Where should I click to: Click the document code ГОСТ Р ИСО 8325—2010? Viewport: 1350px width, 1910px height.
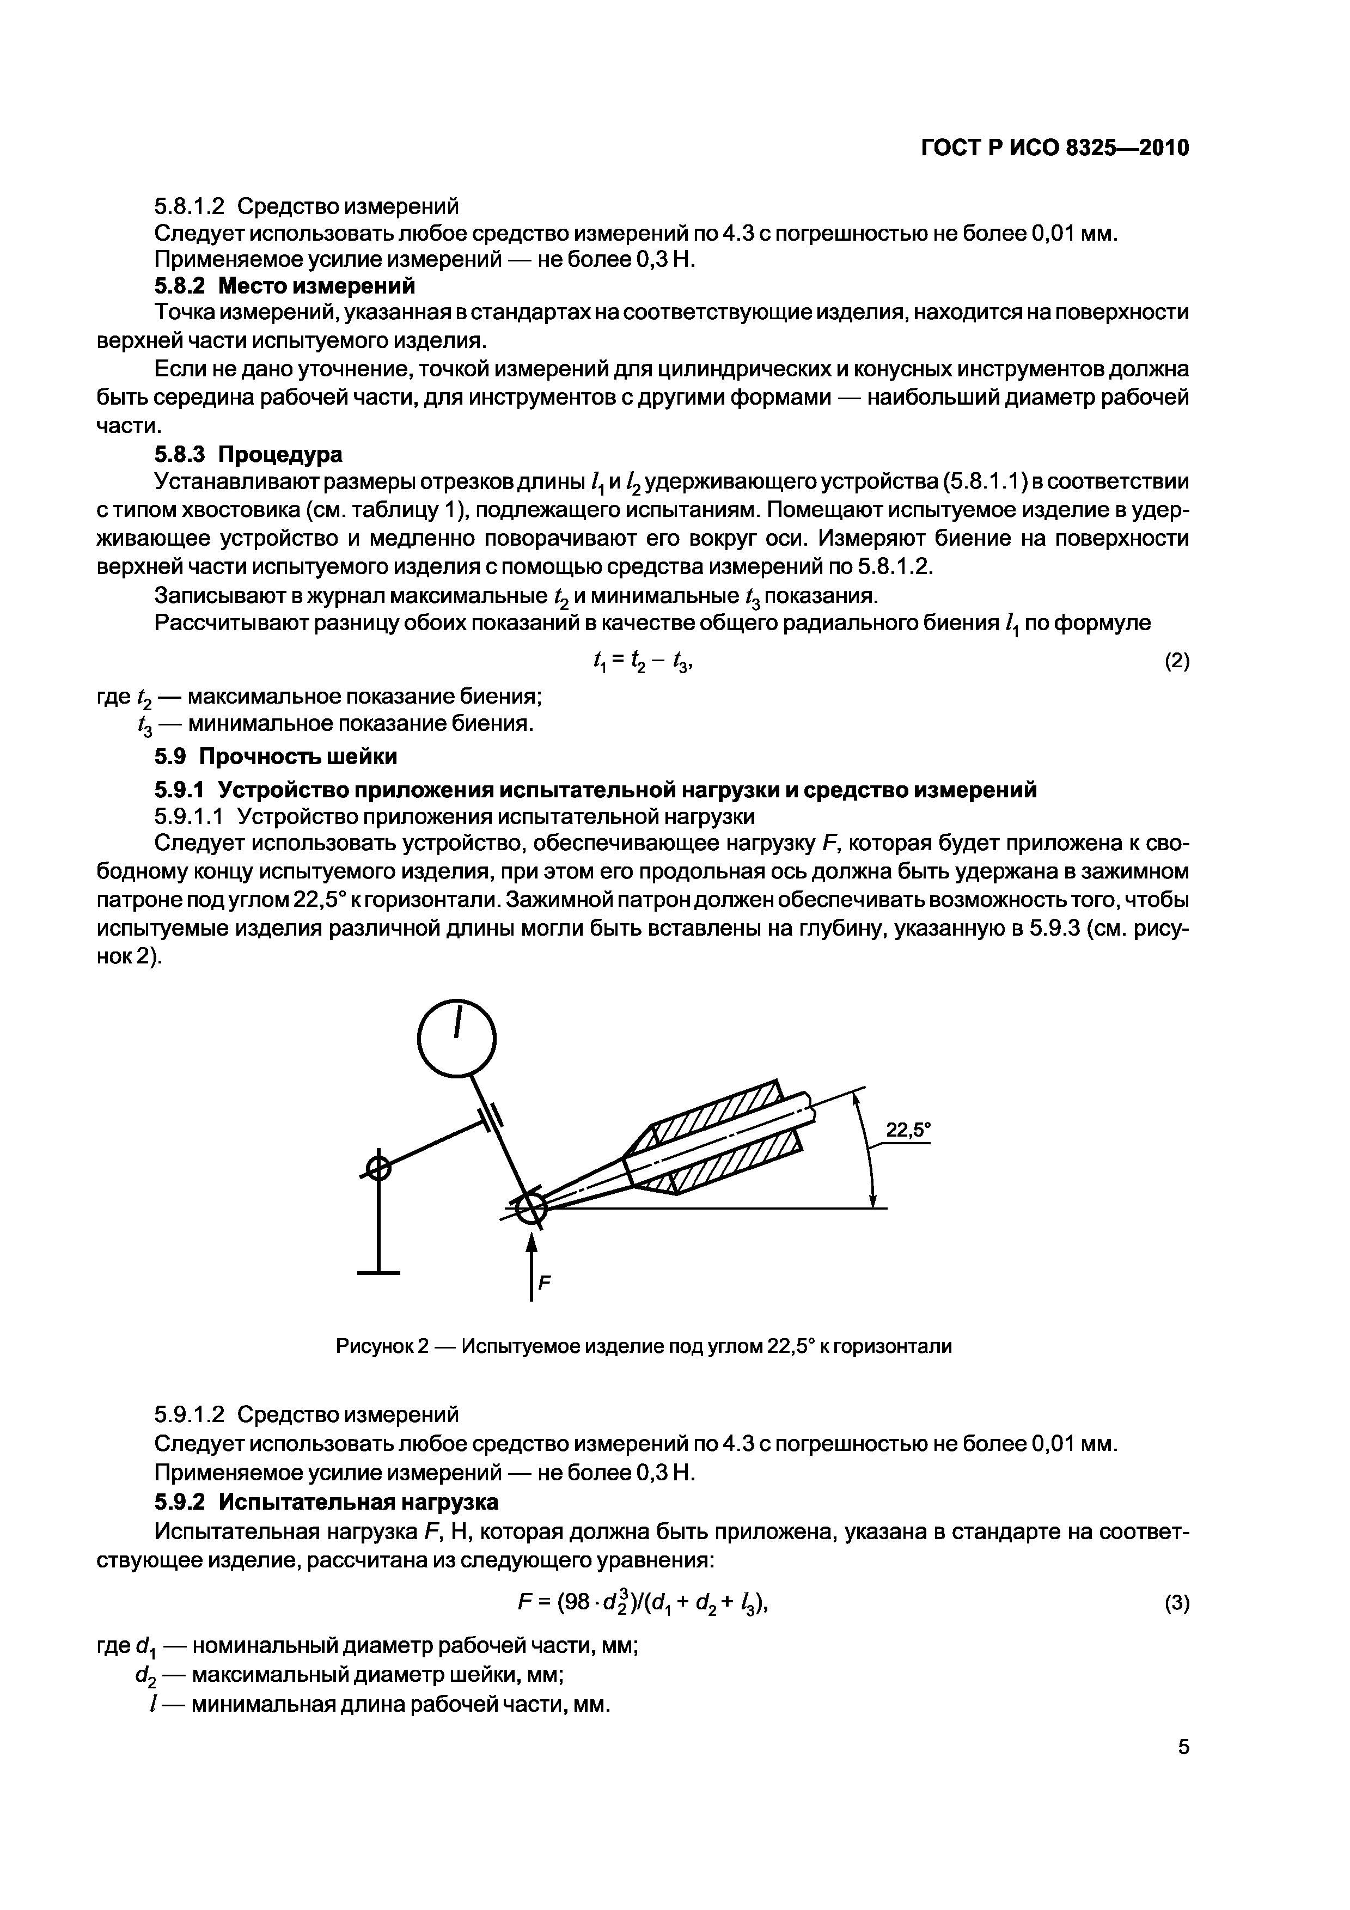point(1055,148)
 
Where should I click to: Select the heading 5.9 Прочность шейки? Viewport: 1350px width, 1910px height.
point(276,757)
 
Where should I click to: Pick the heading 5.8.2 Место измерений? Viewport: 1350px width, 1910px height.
point(284,286)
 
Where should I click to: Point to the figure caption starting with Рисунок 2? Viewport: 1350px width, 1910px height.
point(643,1346)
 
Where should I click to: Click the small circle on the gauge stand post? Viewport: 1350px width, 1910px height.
point(378,1169)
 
